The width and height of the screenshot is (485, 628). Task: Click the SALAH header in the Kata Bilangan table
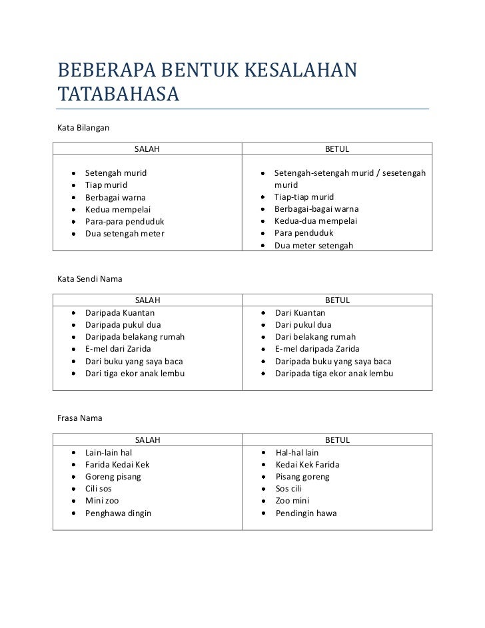click(x=147, y=149)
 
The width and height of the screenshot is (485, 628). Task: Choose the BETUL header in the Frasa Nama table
click(x=336, y=440)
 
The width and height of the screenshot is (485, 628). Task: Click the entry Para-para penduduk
click(x=125, y=221)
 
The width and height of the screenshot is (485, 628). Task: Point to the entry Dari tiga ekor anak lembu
click(x=135, y=373)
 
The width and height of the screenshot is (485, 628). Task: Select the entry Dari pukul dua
click(x=303, y=325)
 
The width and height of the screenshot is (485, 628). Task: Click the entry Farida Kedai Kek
click(x=117, y=464)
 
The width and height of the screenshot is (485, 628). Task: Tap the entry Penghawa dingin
click(x=118, y=513)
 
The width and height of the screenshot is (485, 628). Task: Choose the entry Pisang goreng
click(x=302, y=477)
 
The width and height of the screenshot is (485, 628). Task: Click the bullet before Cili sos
click(x=72, y=489)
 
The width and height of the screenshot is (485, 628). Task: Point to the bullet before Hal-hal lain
click(x=265, y=452)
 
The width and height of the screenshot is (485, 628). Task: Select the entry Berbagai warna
click(x=115, y=197)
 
